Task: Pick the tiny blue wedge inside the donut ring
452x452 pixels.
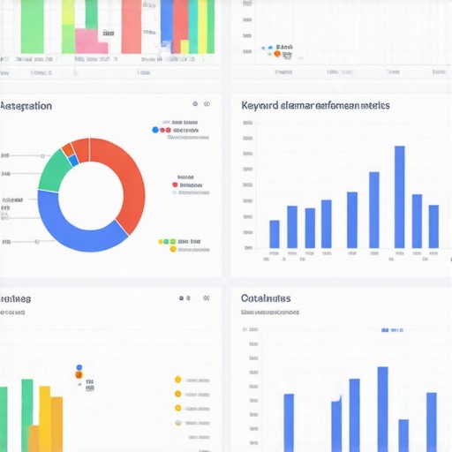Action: tap(72, 160)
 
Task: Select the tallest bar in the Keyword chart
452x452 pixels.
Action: tap(399, 197)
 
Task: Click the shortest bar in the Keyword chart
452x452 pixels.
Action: tap(275, 234)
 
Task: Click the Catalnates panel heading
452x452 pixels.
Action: tap(266, 298)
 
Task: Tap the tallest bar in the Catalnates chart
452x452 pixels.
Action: tap(382, 408)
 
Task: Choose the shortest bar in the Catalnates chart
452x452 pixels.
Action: tap(403, 434)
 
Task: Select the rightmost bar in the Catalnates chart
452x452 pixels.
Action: tap(431, 421)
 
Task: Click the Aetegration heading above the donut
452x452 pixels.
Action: tap(26, 106)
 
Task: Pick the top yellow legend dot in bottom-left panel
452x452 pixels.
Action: tap(177, 380)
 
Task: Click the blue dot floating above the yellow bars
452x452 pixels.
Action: tap(79, 367)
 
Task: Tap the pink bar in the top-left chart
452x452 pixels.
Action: tap(87, 41)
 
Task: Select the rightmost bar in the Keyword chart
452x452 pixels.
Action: tap(433, 226)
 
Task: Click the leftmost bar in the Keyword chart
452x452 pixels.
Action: tap(275, 234)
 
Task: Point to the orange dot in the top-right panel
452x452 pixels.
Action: tap(277, 54)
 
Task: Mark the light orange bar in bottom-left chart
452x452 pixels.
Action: tap(34, 438)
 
